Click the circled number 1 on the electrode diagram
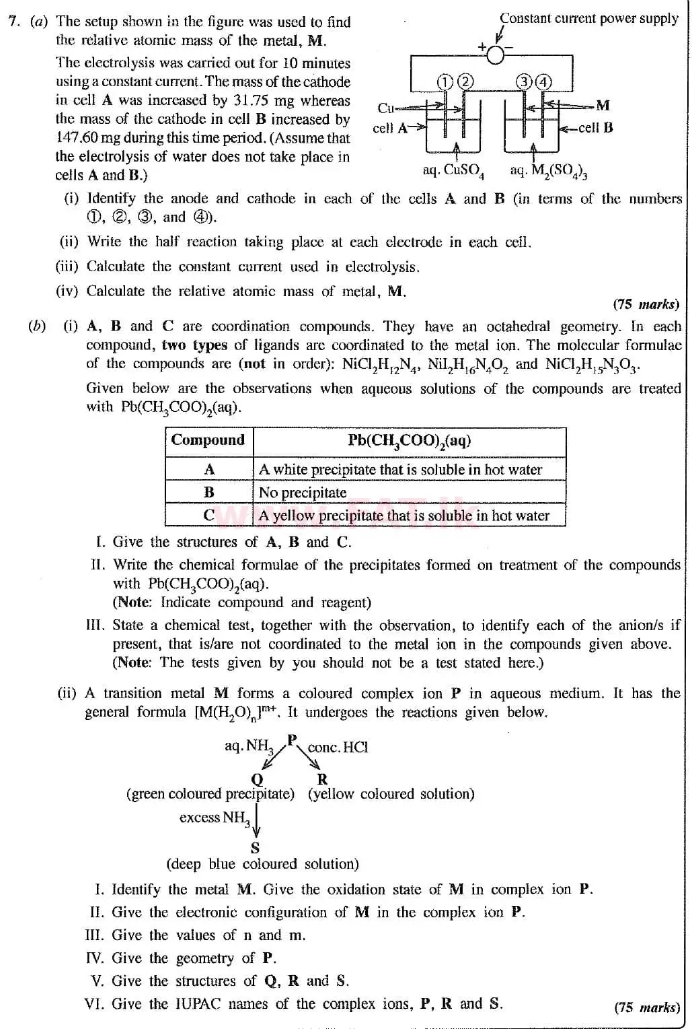(445, 82)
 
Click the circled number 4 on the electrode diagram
(543, 82)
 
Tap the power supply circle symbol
(495, 55)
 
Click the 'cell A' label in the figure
(391, 128)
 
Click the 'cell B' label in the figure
(595, 128)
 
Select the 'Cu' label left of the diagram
(385, 108)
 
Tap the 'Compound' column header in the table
(208, 441)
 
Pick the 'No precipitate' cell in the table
(303, 493)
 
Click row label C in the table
(209, 516)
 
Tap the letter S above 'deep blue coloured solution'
(255, 848)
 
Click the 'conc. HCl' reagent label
(338, 748)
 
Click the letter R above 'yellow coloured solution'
(322, 779)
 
